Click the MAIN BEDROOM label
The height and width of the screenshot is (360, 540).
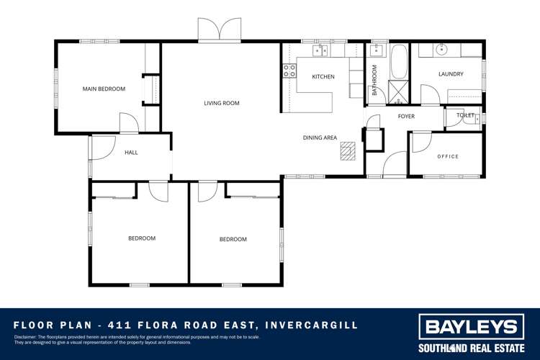click(x=104, y=89)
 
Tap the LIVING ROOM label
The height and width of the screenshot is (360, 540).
click(x=221, y=104)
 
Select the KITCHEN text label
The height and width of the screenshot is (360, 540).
click(x=323, y=77)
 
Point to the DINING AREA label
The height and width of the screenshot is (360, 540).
click(x=320, y=138)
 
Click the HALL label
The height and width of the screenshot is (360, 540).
click(x=131, y=153)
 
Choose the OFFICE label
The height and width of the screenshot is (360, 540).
click(x=448, y=157)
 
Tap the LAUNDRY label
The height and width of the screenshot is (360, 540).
click(x=451, y=74)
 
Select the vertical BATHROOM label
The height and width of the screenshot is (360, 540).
click(x=374, y=80)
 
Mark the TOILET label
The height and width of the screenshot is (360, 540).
click(x=465, y=115)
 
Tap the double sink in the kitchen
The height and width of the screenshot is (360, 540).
click(x=320, y=50)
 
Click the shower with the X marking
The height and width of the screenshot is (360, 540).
click(x=397, y=91)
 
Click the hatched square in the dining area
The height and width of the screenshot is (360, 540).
click(x=348, y=149)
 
